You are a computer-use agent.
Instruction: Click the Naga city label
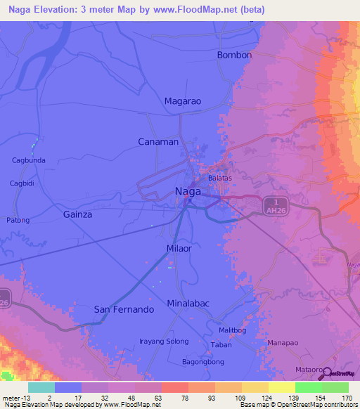tap(188, 191)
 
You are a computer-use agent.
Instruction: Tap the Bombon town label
tap(234, 55)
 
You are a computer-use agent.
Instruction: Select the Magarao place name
tap(183, 101)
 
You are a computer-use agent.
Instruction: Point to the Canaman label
tap(157, 141)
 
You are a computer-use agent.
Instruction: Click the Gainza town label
tap(77, 214)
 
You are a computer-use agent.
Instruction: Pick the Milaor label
tap(179, 249)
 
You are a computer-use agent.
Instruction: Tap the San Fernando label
tap(124, 309)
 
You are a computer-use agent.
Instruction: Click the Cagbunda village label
tap(29, 160)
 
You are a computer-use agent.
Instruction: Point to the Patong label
tap(18, 220)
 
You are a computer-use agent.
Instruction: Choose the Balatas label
tap(219, 178)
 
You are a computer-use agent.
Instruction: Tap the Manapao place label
tap(284, 343)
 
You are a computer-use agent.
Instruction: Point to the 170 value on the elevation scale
tap(346, 397)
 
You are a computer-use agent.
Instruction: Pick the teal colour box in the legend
tap(41, 387)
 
